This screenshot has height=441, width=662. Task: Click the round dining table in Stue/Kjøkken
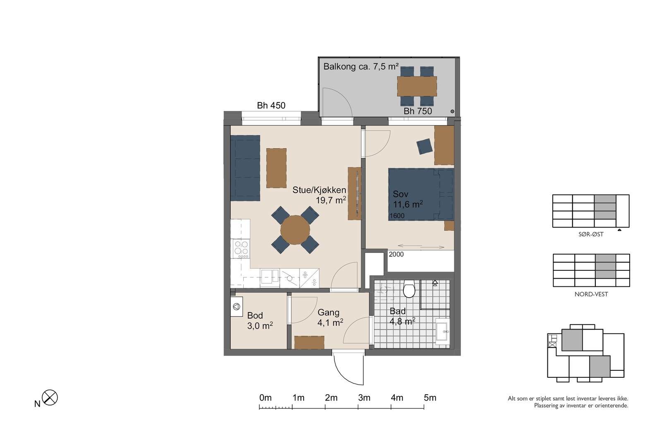295,230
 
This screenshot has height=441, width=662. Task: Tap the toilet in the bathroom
409,288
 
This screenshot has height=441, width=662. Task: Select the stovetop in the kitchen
242,249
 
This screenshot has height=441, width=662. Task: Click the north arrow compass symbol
50,397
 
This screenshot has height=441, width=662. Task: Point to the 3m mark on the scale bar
358,407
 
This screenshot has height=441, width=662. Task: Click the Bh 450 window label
271,105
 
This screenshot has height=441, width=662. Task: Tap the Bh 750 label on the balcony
417,111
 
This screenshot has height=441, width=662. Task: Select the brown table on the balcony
417,86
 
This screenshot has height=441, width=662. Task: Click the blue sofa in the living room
245,168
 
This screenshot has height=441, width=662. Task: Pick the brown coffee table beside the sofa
276,168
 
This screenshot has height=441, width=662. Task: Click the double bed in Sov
421,195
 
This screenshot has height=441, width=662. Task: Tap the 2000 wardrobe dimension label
396,254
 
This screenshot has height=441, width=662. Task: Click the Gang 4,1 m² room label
330,317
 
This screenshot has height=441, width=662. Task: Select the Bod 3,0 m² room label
260,321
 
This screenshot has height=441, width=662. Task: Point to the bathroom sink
442,331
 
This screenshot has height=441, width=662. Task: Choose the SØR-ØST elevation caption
591,234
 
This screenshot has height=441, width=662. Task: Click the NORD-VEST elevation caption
591,294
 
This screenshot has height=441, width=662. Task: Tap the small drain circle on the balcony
452,111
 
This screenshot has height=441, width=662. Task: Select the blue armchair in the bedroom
425,146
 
